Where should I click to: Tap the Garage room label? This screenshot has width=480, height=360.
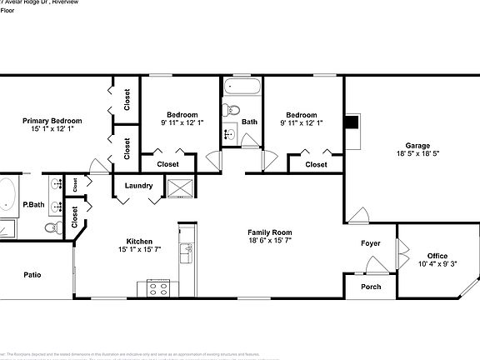point(417,144)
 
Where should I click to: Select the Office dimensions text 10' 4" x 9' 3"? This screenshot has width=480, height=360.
point(437,264)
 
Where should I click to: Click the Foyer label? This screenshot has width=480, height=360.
point(370,243)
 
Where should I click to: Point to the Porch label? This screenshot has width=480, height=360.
point(370,287)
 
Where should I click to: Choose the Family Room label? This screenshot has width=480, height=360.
point(269,232)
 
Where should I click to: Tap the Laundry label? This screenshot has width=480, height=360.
point(138,185)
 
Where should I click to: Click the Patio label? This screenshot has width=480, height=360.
point(32,274)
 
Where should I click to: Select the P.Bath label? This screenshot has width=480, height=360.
point(33,204)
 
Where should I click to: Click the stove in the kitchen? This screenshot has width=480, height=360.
point(158,289)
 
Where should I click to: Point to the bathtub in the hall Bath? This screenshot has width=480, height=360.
point(242,87)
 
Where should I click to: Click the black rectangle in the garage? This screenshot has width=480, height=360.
point(352,122)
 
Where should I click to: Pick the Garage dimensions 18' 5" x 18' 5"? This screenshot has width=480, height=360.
point(417,154)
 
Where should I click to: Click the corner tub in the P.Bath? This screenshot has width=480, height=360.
point(7,194)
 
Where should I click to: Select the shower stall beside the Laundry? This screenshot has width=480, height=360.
point(179,188)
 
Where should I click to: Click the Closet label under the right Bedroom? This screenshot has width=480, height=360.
point(316,164)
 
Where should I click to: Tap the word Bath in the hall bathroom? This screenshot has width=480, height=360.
point(249,122)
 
